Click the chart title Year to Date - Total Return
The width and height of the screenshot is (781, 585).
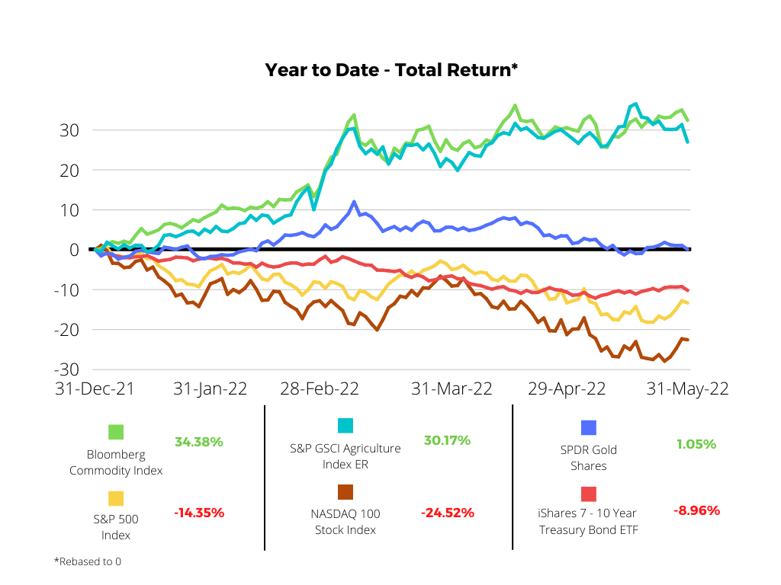pos(391,70)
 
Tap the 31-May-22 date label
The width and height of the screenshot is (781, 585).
pos(687,388)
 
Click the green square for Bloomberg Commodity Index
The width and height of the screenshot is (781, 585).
pos(116,433)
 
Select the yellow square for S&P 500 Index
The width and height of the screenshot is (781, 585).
pos(116,498)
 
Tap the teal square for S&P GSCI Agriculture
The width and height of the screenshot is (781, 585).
pos(345,426)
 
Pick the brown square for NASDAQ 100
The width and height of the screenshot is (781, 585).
pos(345,491)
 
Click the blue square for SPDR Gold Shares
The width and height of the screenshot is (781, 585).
pos(588,428)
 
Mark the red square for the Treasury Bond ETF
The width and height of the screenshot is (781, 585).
pos(588,494)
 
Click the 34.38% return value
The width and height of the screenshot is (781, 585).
pos(199,442)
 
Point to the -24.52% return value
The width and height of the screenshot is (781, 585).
pos(448,513)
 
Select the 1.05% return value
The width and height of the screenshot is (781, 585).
pos(696,444)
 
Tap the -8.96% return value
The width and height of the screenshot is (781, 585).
pos(696,510)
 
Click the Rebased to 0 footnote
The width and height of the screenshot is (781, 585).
pos(88,562)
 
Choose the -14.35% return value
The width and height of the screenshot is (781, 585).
pos(199,513)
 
